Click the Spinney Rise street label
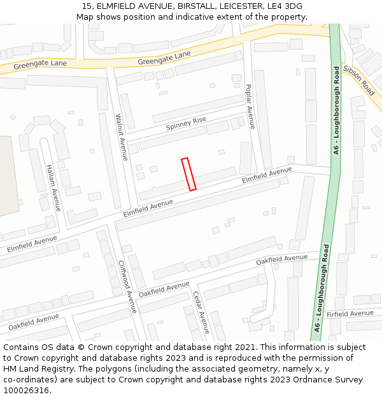coord(186,123)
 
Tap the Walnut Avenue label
coord(121,137)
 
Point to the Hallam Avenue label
coord(53,187)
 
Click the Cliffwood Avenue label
coord(127,286)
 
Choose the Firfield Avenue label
coord(350,314)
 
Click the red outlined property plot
coord(188,174)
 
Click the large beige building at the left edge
coord(8,175)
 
